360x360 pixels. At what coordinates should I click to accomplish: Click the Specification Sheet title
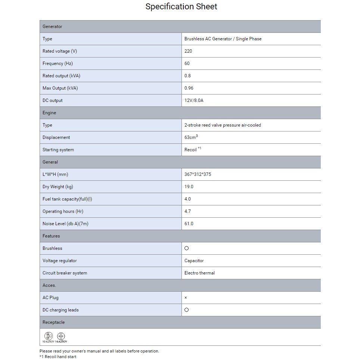click(181, 7)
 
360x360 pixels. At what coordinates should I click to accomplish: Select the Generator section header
click(52, 27)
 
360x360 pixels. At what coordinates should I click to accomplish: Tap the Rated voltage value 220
click(188, 51)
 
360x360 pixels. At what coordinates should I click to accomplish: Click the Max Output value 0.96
click(189, 88)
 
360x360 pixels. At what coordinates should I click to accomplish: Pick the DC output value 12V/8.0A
click(194, 100)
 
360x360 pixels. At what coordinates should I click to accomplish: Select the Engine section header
click(49, 113)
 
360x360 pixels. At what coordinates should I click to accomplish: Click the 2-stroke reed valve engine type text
click(223, 125)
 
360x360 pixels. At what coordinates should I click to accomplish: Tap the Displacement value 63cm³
click(191, 137)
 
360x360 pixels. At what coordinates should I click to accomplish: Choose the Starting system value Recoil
click(191, 150)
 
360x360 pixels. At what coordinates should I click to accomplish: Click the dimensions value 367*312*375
click(198, 174)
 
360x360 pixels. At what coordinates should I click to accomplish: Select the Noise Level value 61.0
click(189, 224)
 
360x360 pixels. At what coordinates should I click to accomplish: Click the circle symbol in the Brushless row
click(187, 248)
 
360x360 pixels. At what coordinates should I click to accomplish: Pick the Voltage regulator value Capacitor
click(194, 261)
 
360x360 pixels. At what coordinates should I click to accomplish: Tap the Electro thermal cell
click(199, 273)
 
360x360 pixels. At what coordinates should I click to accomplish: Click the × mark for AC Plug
click(186, 298)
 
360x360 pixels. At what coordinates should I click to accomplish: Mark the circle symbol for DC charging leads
click(187, 310)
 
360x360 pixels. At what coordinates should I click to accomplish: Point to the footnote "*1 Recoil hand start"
click(58, 357)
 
